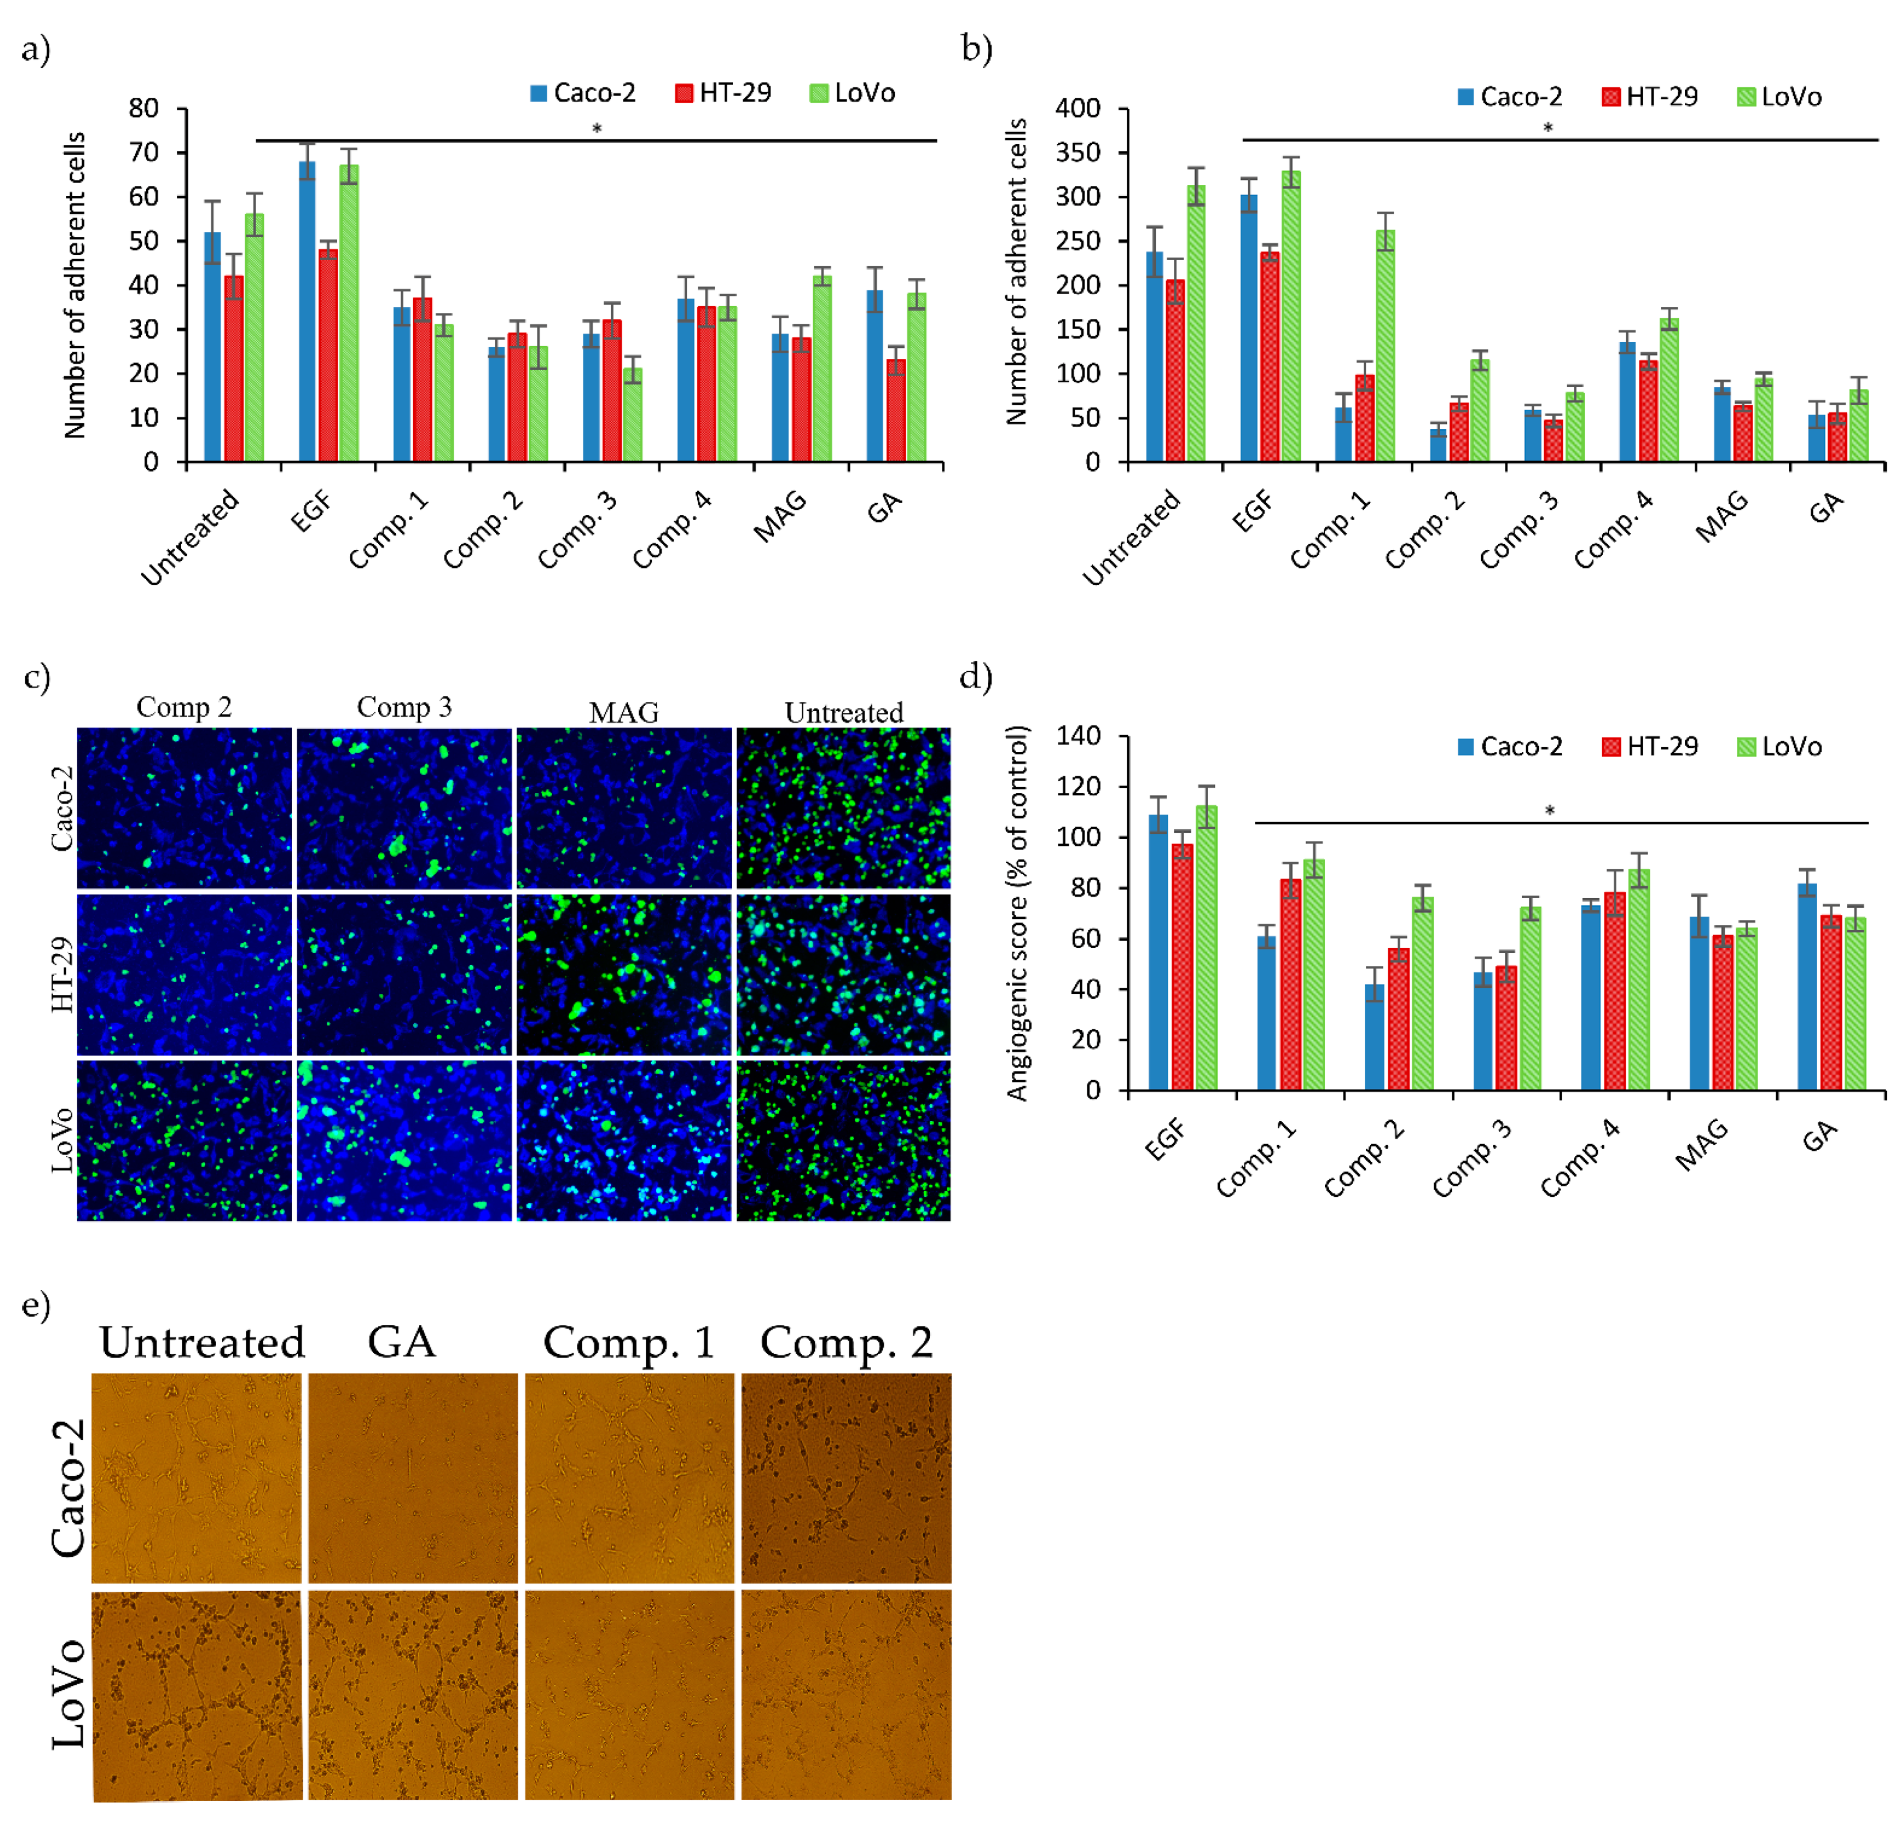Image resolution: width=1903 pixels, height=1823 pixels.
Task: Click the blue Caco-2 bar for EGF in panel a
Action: [x=307, y=311]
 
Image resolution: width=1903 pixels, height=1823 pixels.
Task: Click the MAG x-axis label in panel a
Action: [x=781, y=516]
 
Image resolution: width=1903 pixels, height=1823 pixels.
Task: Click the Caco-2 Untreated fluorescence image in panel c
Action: [x=843, y=807]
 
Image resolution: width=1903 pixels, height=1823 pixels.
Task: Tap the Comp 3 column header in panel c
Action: [x=404, y=707]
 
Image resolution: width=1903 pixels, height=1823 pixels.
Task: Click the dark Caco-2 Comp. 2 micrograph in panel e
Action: [x=846, y=1476]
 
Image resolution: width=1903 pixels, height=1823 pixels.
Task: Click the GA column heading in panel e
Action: [x=401, y=1343]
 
